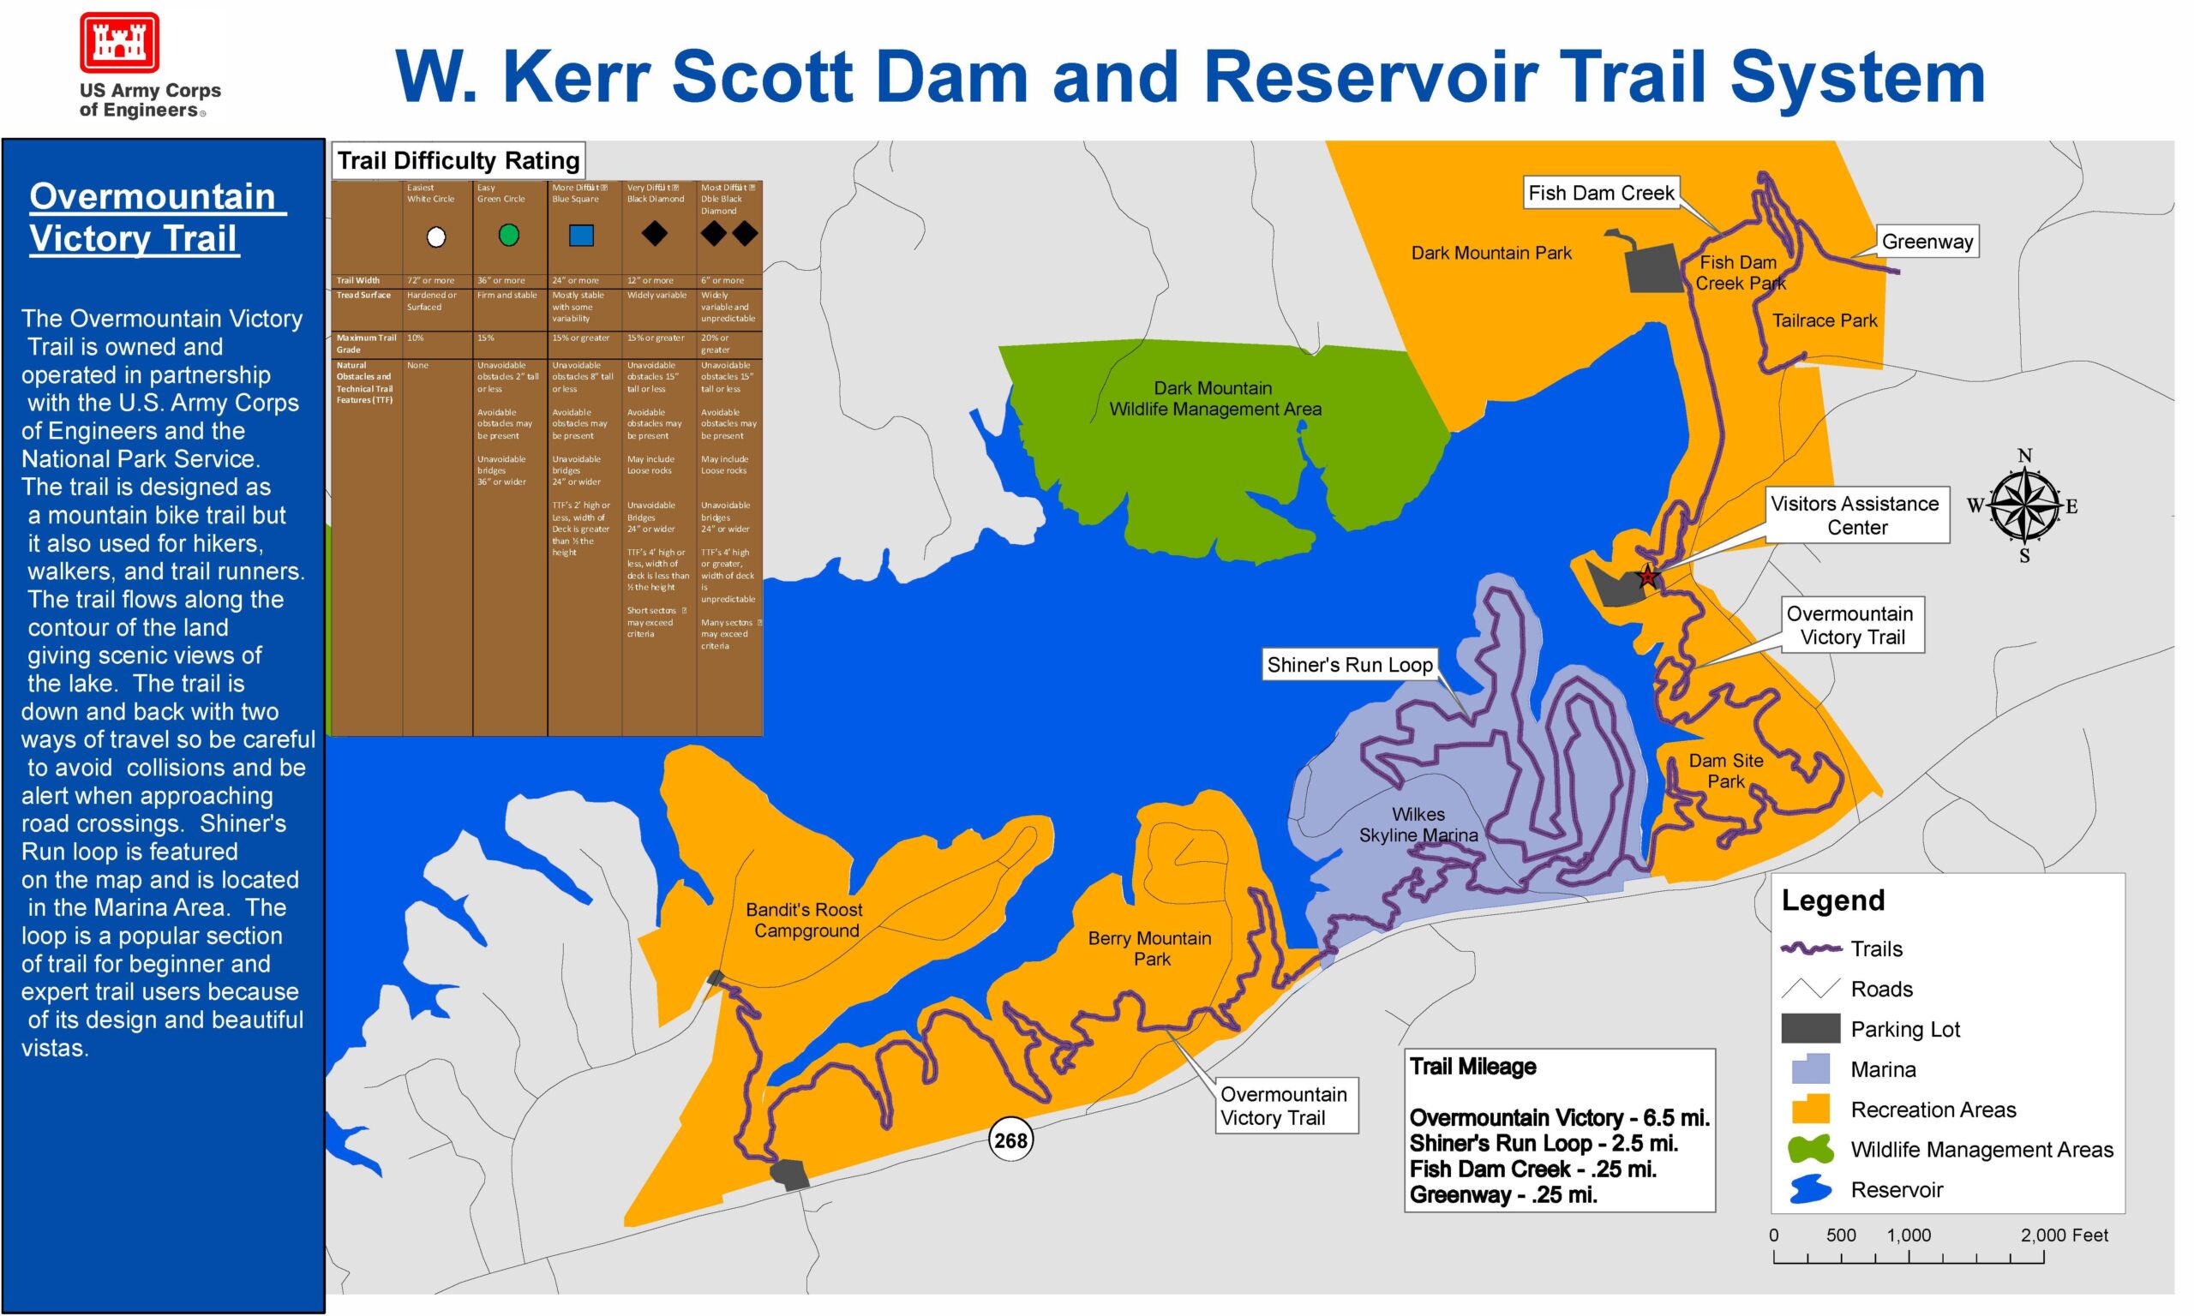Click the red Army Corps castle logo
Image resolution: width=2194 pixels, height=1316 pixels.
pyautogui.click(x=119, y=43)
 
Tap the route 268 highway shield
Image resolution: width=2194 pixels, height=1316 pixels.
pyautogui.click(x=1010, y=1140)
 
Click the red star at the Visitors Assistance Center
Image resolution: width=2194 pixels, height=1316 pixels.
pyautogui.click(x=1647, y=577)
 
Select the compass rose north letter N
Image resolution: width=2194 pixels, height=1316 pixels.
pyautogui.click(x=2024, y=456)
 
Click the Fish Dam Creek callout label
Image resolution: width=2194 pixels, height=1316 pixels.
pyautogui.click(x=1601, y=193)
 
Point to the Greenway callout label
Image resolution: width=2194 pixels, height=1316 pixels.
pyautogui.click(x=1927, y=242)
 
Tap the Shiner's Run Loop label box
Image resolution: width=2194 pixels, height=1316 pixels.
pyautogui.click(x=1349, y=664)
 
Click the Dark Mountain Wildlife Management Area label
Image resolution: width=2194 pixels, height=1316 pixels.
pyautogui.click(x=1214, y=398)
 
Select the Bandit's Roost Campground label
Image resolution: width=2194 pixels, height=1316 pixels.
pyautogui.click(x=805, y=919)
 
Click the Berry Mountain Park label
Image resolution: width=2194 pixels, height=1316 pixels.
pyautogui.click(x=1149, y=948)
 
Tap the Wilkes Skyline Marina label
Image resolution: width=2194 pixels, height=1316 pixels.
pyautogui.click(x=1418, y=825)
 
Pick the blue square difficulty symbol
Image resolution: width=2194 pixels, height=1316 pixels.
pyautogui.click(x=581, y=235)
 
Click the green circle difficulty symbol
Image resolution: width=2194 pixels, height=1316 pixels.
pyautogui.click(x=508, y=234)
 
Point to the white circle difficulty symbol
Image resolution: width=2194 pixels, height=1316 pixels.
pyautogui.click(x=435, y=236)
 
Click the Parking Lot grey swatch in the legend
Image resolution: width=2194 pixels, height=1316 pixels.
pyautogui.click(x=1810, y=1029)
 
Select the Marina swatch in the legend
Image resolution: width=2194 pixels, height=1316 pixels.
pyautogui.click(x=1810, y=1068)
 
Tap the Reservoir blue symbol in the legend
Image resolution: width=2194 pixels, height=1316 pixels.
pyautogui.click(x=1810, y=1189)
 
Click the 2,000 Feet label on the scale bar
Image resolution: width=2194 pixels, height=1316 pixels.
pyautogui.click(x=2064, y=1235)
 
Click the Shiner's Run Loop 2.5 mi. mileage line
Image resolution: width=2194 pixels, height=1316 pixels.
pyautogui.click(x=1543, y=1143)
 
